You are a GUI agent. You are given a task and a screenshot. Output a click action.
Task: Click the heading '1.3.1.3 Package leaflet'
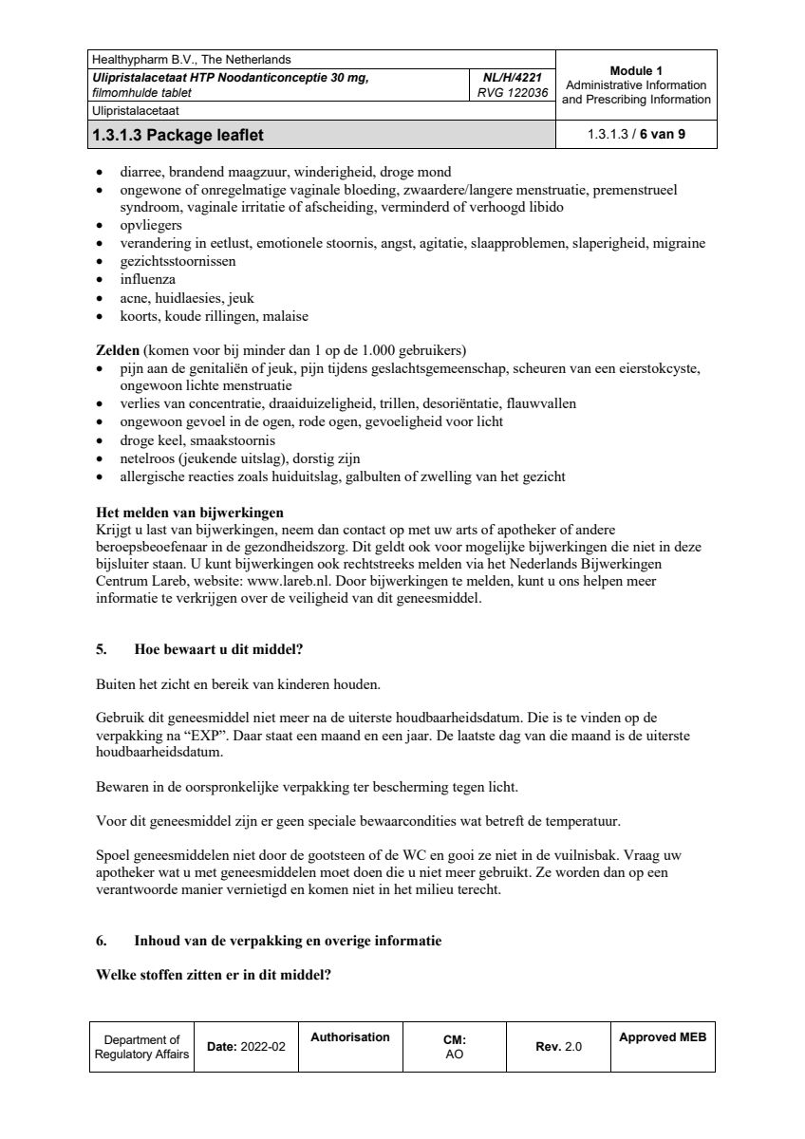pyautogui.click(x=178, y=135)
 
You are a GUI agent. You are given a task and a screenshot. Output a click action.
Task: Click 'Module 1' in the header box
pyautogui.click(x=636, y=71)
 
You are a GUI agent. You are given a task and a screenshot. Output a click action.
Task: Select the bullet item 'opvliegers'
pyautogui.click(x=150, y=226)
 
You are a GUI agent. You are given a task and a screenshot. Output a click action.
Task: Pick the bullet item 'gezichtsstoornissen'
pyautogui.click(x=178, y=261)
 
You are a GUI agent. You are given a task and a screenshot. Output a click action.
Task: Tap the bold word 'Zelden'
pyautogui.click(x=119, y=350)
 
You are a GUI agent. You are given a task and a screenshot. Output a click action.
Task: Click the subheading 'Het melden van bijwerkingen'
pyautogui.click(x=190, y=513)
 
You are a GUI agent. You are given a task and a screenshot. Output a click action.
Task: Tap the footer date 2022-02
pyautogui.click(x=263, y=1046)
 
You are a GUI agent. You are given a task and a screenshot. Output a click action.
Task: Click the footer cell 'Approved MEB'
pyautogui.click(x=663, y=1037)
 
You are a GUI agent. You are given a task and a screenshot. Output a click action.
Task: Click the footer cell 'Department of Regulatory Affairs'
pyautogui.click(x=141, y=1047)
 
